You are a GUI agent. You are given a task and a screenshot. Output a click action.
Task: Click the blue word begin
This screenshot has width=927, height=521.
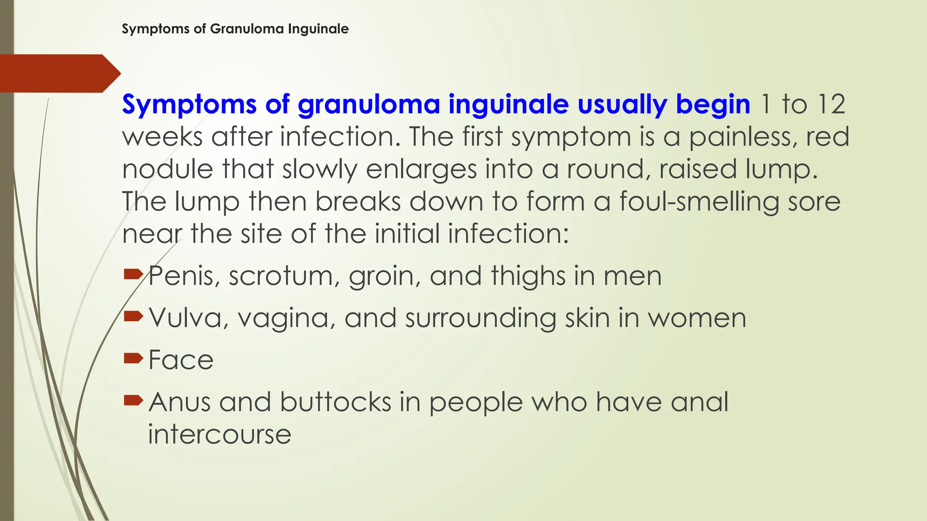click(x=713, y=104)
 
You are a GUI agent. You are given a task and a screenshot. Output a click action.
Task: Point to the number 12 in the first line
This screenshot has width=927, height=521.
click(x=831, y=104)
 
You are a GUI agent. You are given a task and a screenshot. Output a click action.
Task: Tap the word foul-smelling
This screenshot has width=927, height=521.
click(x=699, y=202)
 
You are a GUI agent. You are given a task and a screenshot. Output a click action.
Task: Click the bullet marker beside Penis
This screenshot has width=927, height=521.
click(x=133, y=274)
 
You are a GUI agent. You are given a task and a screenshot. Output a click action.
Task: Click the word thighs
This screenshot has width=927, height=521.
click(x=528, y=276)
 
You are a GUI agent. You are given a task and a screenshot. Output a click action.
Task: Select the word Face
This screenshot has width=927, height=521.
click(x=181, y=360)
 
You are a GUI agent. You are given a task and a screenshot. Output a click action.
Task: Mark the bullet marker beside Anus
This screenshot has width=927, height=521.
click(x=133, y=400)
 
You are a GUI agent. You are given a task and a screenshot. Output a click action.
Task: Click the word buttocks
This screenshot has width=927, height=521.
click(x=335, y=402)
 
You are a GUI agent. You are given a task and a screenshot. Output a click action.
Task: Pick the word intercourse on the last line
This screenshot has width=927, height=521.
click(x=220, y=434)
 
